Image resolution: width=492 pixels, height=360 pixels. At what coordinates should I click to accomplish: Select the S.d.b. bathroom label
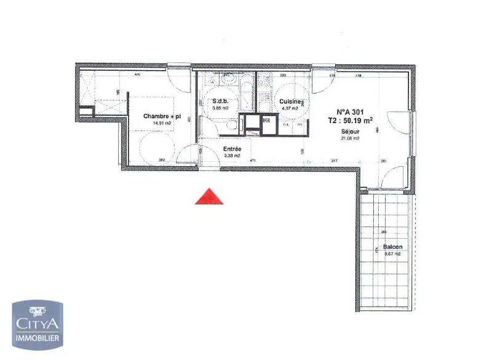click(x=220, y=102)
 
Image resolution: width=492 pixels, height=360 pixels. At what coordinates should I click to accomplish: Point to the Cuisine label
click(x=290, y=102)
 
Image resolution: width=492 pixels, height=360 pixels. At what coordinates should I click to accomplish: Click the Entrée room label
click(x=232, y=149)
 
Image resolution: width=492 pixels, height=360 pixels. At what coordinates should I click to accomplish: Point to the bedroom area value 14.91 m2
click(x=161, y=123)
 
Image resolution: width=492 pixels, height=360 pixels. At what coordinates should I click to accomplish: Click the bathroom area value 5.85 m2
click(x=220, y=108)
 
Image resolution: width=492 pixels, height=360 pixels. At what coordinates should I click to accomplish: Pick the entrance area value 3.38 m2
click(x=232, y=156)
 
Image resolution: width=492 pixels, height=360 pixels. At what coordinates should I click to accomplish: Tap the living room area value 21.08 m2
click(x=349, y=138)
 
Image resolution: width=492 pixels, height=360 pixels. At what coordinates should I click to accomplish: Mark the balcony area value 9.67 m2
click(x=392, y=254)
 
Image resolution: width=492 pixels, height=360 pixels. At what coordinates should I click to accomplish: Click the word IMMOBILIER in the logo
click(x=38, y=338)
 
